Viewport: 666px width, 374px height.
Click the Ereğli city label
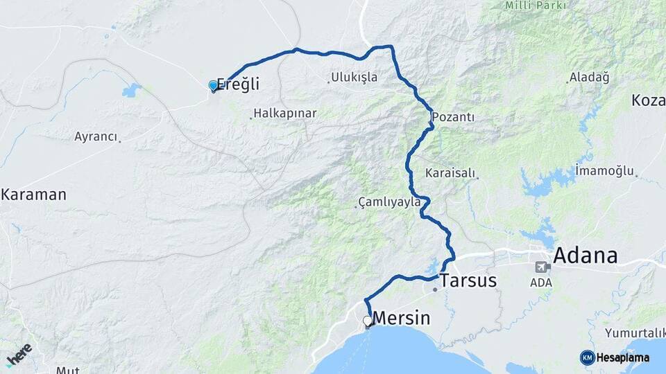[x=239, y=84]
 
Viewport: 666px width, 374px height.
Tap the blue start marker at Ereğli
[x=213, y=86]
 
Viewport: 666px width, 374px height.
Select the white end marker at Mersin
[x=368, y=321]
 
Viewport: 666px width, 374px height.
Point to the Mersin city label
[x=402, y=319]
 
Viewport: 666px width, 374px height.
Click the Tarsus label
[x=469, y=280]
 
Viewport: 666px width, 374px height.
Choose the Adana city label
[x=585, y=256]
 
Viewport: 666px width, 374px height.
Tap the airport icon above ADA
[x=542, y=267]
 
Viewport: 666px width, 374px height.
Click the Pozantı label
[x=453, y=117]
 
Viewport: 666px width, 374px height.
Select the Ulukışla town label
[x=355, y=77]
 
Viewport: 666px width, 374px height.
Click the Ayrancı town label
[x=96, y=136]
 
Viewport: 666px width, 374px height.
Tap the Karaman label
[x=33, y=195]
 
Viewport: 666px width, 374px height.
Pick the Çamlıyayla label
[x=389, y=202]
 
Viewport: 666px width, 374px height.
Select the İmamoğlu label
[x=605, y=170]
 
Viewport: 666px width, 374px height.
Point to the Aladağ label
[x=589, y=77]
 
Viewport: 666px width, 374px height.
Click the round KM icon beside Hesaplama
[x=587, y=357]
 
